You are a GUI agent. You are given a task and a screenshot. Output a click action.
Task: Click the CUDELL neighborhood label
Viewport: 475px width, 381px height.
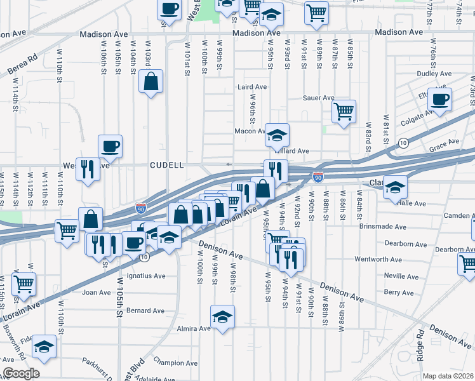[x=166, y=165]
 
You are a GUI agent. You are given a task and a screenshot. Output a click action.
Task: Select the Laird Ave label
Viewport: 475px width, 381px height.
[x=251, y=87]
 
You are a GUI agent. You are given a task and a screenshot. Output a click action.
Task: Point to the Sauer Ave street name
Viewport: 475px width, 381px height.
[x=318, y=98]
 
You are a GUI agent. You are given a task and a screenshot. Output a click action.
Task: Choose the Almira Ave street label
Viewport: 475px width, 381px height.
[x=194, y=328]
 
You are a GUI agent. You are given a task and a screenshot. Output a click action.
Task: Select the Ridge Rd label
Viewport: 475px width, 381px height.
[x=420, y=346]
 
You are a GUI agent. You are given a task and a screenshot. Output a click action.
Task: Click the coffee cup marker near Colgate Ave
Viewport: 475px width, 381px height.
[x=439, y=99]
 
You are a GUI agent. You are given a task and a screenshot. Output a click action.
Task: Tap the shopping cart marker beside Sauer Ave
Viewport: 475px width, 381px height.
[x=344, y=111]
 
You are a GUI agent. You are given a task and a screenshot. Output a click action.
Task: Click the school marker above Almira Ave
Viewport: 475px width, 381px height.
[x=223, y=316]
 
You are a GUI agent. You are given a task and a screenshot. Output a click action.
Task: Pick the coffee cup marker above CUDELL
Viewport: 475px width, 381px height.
[x=110, y=146]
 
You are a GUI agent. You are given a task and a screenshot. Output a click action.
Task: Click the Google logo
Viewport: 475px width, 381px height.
[x=20, y=373]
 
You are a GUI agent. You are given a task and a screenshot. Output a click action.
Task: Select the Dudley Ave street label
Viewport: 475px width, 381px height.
[x=434, y=74]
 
